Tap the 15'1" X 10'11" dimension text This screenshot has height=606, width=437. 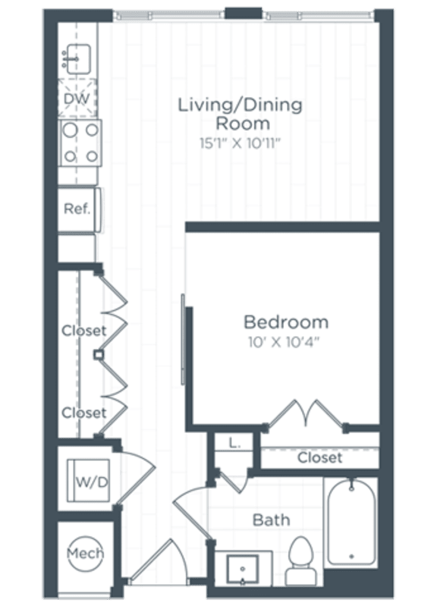pyautogui.click(x=240, y=140)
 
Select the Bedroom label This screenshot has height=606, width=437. pyautogui.click(x=285, y=322)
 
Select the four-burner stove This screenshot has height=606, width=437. pyautogui.click(x=80, y=143)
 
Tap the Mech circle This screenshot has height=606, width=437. pyautogui.click(x=85, y=553)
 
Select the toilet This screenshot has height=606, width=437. pyautogui.click(x=301, y=558)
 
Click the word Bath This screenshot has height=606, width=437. pyautogui.click(x=271, y=520)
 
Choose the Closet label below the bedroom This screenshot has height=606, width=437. pyautogui.click(x=319, y=458)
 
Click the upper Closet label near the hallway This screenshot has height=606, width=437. pyautogui.click(x=83, y=331)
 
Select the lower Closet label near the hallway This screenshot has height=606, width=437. pyautogui.click(x=83, y=413)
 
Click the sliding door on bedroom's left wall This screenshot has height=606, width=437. pyautogui.click(x=182, y=341)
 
